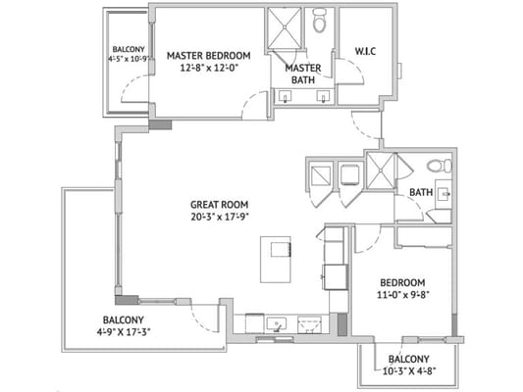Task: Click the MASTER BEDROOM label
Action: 208,55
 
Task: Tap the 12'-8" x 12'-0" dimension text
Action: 208,70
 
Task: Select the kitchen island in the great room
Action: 278,258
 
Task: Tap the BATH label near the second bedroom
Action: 421,192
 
